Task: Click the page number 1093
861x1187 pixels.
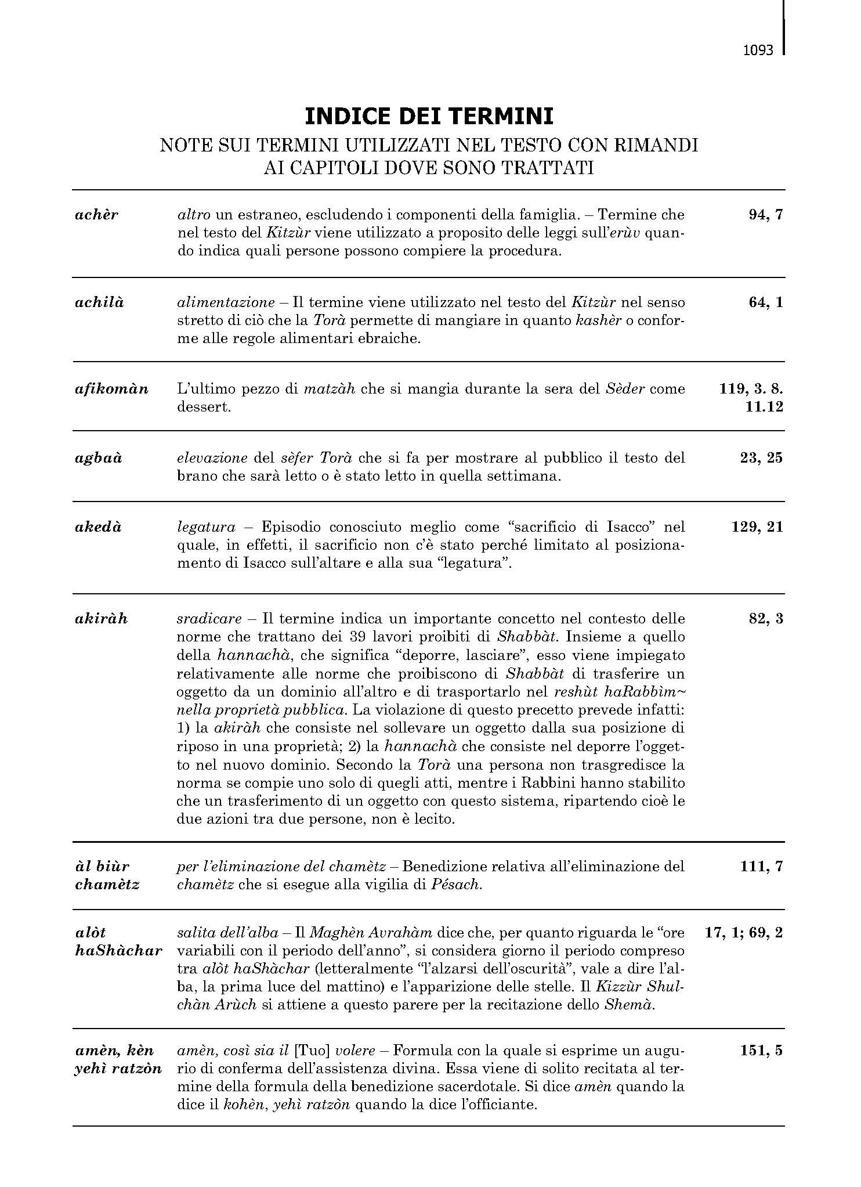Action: point(758,50)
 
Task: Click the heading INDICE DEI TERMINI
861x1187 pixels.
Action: point(429,117)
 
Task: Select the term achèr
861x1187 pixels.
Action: point(96,215)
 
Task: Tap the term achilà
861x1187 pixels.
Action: point(99,302)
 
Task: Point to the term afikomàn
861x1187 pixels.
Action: point(111,389)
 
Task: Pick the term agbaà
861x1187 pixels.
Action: point(99,458)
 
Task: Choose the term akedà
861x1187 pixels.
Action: point(98,527)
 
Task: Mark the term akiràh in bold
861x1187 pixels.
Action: point(101,619)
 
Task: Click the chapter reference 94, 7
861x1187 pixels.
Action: point(766,215)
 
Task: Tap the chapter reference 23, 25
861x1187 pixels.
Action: point(761,458)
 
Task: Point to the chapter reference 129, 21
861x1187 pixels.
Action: point(757,527)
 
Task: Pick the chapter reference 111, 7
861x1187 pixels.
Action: point(762,867)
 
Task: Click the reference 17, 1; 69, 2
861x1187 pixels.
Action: point(744,933)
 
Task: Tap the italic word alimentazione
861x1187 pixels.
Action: point(226,302)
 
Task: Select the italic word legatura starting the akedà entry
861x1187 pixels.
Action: point(206,527)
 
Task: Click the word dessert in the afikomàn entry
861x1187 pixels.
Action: point(204,407)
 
